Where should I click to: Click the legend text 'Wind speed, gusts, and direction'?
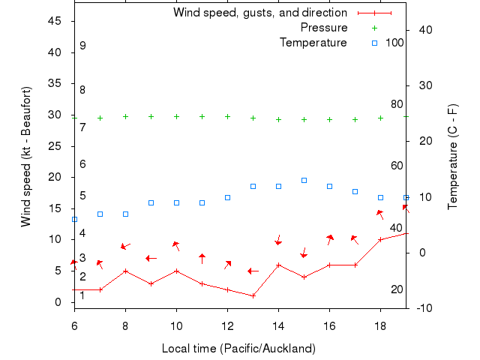260,13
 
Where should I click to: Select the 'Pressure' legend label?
324,28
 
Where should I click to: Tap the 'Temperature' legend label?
313,43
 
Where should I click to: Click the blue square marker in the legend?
375,43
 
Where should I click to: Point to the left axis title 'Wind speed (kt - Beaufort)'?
26,157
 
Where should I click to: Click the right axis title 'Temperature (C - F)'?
453,157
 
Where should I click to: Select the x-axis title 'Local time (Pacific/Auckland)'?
238,349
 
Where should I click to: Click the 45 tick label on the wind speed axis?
55,21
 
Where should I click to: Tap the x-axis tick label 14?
278,325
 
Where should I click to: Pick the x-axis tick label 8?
125,325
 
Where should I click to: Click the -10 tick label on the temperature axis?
420,307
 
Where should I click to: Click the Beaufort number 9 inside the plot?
82,46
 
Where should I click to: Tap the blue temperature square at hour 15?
304,180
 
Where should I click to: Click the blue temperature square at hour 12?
227,197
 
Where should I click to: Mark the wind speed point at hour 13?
253,295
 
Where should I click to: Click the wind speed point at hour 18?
380,239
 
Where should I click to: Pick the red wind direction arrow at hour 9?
151,258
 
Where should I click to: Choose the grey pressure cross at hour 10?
176,116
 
